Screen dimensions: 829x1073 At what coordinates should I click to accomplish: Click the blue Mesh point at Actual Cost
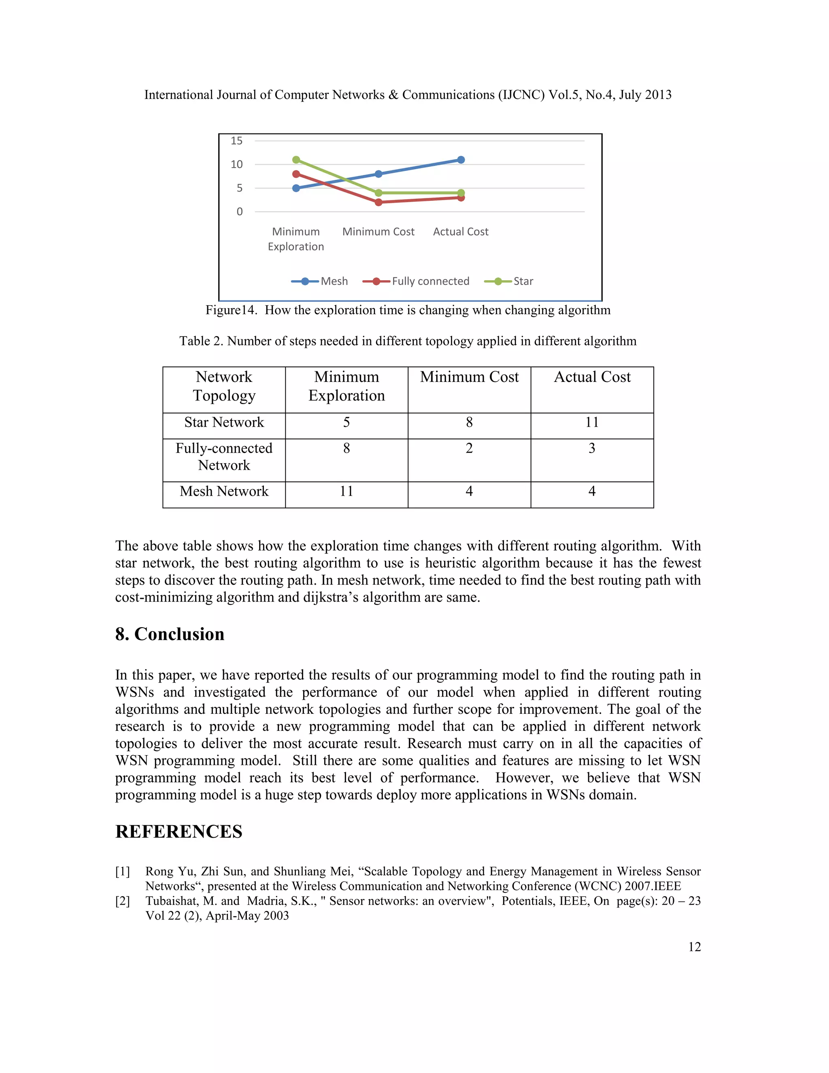[461, 160]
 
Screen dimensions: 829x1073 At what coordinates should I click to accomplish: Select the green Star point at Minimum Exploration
[296, 160]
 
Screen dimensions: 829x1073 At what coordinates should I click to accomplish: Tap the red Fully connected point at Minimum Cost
[378, 202]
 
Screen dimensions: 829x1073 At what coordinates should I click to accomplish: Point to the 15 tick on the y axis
[237, 141]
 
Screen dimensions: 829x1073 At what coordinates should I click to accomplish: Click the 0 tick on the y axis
[239, 212]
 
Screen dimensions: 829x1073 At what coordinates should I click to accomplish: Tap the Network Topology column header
[224, 386]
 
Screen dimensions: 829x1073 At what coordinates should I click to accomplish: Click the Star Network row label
[224, 422]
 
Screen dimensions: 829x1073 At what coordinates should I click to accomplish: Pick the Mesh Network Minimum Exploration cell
[346, 491]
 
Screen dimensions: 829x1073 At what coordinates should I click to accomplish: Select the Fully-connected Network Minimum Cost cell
[469, 449]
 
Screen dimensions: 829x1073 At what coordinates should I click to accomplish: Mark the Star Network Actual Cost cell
[592, 422]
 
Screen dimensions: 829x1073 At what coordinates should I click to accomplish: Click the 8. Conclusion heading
[170, 634]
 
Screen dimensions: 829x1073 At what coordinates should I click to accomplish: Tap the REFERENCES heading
[179, 832]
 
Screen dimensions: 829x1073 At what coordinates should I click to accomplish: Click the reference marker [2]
[123, 901]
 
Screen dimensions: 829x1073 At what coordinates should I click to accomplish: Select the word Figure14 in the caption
[231, 311]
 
